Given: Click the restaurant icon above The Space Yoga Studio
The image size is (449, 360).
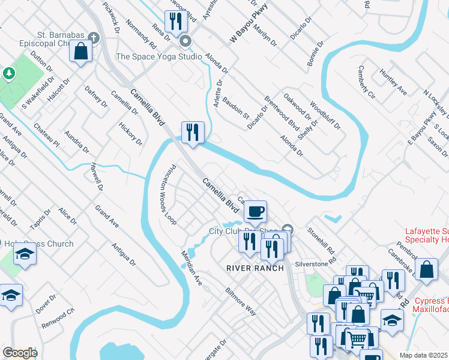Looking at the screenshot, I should pyautogui.click(x=175, y=23).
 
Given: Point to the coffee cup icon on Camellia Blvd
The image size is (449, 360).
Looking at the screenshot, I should pyautogui.click(x=256, y=211).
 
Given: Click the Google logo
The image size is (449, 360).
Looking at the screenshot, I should pyautogui.click(x=20, y=353).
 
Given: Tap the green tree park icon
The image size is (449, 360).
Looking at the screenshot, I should pyautogui.click(x=8, y=73).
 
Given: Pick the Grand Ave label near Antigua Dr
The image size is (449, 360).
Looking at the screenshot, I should pyautogui.click(x=107, y=217).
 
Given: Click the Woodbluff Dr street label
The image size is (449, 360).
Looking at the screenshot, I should pyautogui.click(x=325, y=116).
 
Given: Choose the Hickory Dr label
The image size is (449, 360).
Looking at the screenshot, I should pyautogui.click(x=130, y=132).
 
